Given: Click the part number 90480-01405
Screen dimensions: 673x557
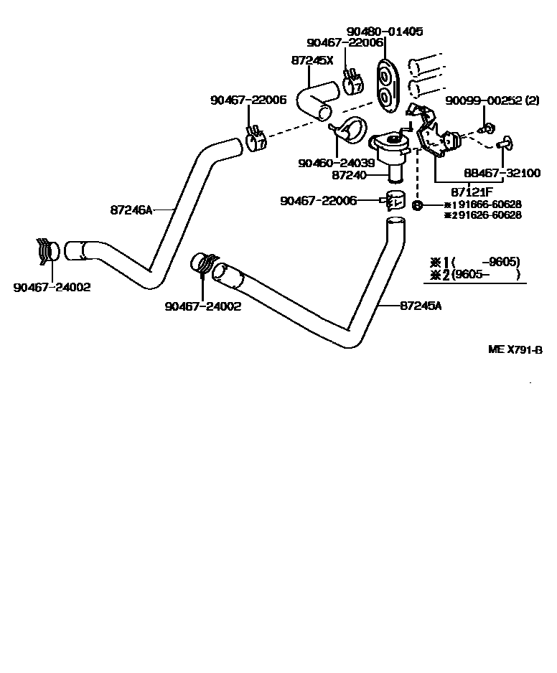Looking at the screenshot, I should tap(385, 32).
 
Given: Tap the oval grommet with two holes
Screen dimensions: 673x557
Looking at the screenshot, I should tap(385, 85).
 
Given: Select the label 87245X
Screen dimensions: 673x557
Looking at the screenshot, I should tap(312, 60).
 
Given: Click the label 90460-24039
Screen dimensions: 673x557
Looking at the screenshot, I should tap(336, 163).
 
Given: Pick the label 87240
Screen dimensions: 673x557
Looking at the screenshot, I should tap(350, 174).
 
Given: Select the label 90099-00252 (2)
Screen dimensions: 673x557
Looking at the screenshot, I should tap(492, 100).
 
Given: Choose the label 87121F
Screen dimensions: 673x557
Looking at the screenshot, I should tap(471, 192).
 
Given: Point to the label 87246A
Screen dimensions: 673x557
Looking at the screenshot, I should tap(131, 210).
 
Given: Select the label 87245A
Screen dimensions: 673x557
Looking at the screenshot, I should tap(420, 306).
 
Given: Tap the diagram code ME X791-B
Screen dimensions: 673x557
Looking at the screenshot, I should tap(514, 349).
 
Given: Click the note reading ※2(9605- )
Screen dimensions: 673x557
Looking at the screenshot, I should tap(474, 275).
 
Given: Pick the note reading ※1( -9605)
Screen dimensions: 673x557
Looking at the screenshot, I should tap(474, 262).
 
